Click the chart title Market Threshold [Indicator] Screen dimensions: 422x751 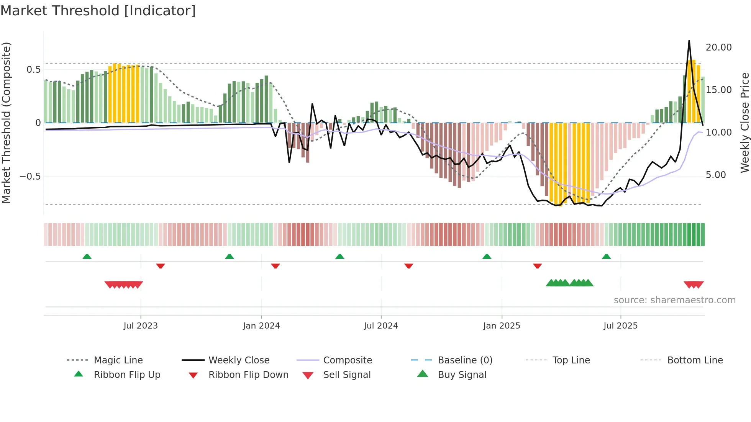point(98,11)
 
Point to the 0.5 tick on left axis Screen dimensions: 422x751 point(33,70)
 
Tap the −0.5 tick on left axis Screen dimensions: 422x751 point(30,177)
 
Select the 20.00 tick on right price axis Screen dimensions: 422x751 point(718,47)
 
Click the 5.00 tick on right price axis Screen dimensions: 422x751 point(716,175)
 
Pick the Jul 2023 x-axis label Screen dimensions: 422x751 point(141,326)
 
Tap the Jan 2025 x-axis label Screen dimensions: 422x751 point(502,326)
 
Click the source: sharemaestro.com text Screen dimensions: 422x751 point(674,300)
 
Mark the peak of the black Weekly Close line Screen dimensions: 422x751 point(689,41)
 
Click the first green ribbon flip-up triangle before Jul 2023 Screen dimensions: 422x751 point(87,257)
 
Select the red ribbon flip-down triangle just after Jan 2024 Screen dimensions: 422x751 point(275,266)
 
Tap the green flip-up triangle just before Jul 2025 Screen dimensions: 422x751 point(606,257)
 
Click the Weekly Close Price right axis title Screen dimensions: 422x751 point(744,123)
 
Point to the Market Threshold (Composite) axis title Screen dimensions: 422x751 point(6,123)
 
